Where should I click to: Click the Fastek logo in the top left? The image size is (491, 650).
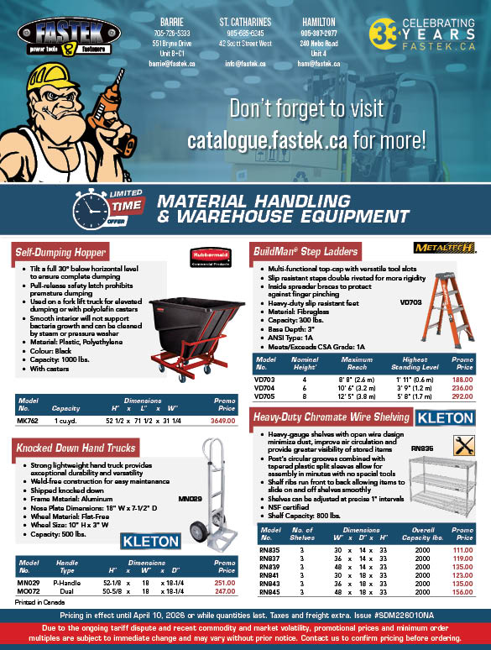(x=55, y=33)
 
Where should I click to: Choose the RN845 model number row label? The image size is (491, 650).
(x=269, y=590)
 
